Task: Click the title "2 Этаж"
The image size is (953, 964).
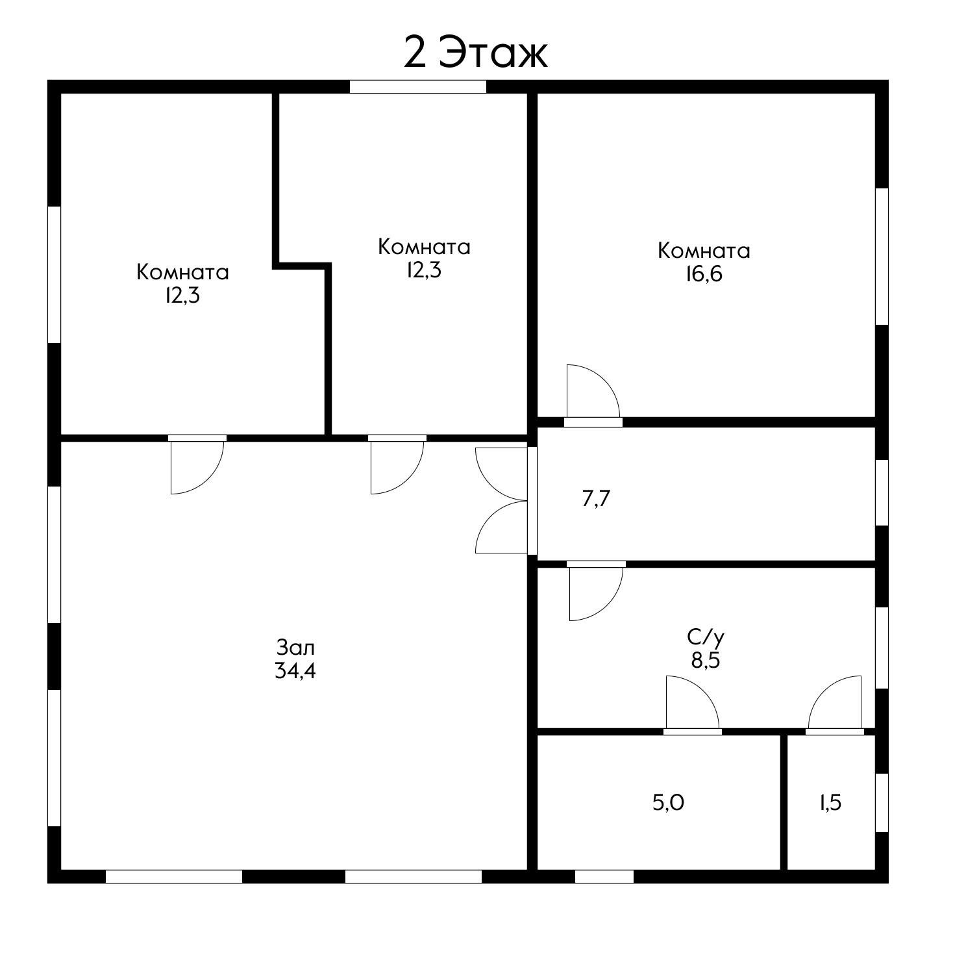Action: pos(475,53)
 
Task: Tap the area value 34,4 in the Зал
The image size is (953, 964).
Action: pos(295,670)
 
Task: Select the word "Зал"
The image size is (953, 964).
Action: pos(295,648)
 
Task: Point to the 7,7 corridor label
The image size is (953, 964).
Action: pos(597,499)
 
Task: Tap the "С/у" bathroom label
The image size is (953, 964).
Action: pos(705,637)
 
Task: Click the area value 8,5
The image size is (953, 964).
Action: pos(706,661)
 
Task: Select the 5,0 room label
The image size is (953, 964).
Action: pos(668,803)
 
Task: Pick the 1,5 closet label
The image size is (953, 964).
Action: pos(830,803)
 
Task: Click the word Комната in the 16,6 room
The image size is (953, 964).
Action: pos(704,251)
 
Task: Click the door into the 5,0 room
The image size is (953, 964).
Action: pos(692,705)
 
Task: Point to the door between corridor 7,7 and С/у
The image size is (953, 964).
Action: pos(596,590)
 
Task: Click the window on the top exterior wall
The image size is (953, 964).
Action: pos(418,86)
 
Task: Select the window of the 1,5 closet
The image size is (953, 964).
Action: pos(882,802)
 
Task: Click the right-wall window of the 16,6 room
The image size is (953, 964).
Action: pos(882,257)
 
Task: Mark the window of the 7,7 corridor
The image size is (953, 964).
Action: pos(882,492)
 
